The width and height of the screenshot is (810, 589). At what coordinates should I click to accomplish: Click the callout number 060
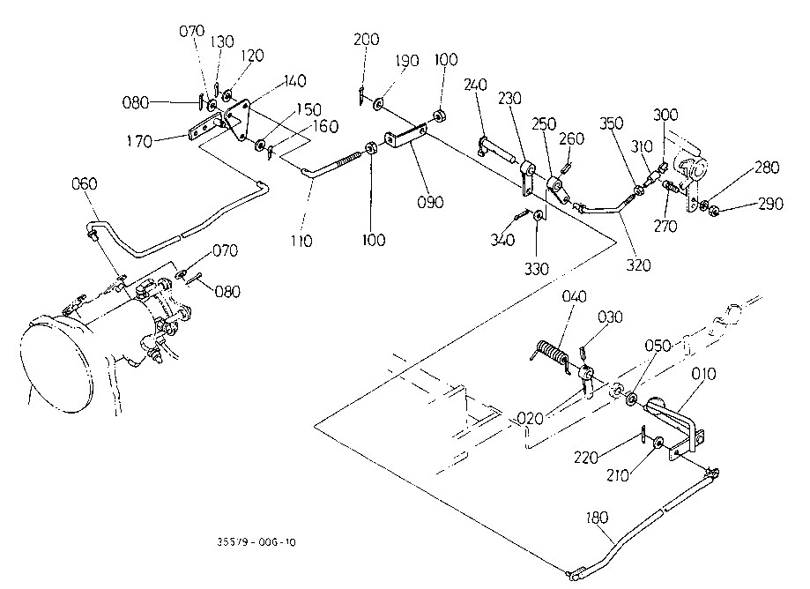coord(85,183)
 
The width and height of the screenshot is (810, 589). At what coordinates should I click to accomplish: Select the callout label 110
coord(302,240)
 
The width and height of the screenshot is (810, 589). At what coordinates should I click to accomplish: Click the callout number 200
coord(366,40)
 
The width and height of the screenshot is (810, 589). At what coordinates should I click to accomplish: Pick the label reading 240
coord(477,87)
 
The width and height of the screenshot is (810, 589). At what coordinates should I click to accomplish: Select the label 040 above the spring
coord(574,297)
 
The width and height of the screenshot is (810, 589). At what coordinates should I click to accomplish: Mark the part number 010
coord(704,375)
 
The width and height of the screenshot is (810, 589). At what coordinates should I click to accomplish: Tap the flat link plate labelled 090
coord(407,139)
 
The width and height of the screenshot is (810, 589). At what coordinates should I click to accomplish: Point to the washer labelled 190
coord(377,106)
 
